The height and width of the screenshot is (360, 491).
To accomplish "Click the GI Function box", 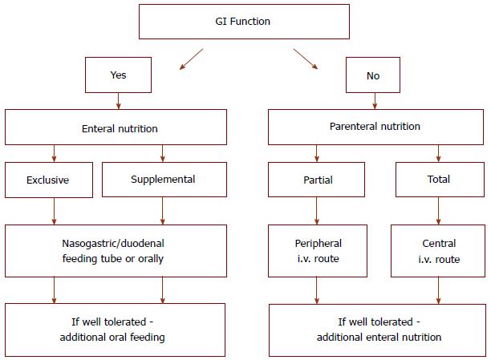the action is (244, 22).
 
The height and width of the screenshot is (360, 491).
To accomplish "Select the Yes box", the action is (118, 75).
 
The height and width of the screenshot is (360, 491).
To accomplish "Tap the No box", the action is (372, 75).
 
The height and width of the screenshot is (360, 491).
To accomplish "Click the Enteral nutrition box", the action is (116, 127).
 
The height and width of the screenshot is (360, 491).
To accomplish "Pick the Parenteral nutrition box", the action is (375, 127).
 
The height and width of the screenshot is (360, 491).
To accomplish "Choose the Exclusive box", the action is (49, 180).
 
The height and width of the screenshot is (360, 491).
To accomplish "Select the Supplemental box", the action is (164, 180).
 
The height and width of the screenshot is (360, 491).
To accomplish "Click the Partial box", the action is (316, 180).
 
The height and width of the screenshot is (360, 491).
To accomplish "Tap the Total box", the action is (440, 180).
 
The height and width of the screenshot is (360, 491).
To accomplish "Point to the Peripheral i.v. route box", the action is (318, 251).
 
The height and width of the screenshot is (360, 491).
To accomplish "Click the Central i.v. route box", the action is (438, 251).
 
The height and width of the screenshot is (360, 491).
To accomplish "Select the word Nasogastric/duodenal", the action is (113, 244).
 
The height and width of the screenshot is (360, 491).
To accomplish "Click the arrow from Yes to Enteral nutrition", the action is (119, 101).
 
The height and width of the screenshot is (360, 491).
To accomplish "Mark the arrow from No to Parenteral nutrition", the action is (375, 101).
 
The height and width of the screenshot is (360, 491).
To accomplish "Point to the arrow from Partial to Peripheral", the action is (317, 211).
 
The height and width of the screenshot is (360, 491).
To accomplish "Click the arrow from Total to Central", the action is (438, 211).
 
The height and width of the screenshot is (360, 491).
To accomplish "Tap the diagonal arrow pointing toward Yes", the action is (191, 59).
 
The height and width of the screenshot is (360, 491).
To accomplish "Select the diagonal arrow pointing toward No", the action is (306, 59).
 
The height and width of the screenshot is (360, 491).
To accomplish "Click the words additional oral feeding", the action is (112, 337).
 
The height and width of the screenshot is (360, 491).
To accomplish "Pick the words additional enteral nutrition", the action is (379, 337).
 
